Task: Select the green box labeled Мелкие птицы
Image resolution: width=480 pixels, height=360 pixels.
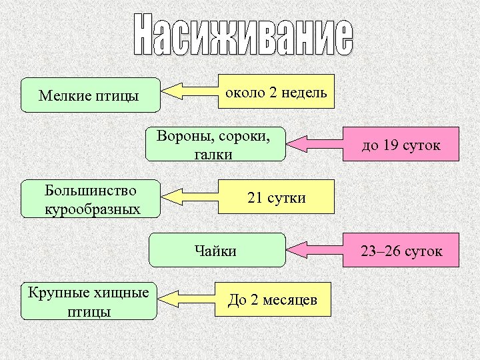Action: point(91,96)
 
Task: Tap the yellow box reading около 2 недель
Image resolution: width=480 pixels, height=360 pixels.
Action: point(277,92)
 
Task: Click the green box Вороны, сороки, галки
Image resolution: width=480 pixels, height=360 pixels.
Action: point(215,144)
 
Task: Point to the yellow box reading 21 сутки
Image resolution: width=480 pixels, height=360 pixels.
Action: point(277,197)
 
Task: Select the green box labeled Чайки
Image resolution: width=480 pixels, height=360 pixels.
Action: point(216,251)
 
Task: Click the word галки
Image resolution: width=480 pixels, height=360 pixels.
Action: point(214,155)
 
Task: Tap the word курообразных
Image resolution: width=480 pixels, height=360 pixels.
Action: point(93,209)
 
